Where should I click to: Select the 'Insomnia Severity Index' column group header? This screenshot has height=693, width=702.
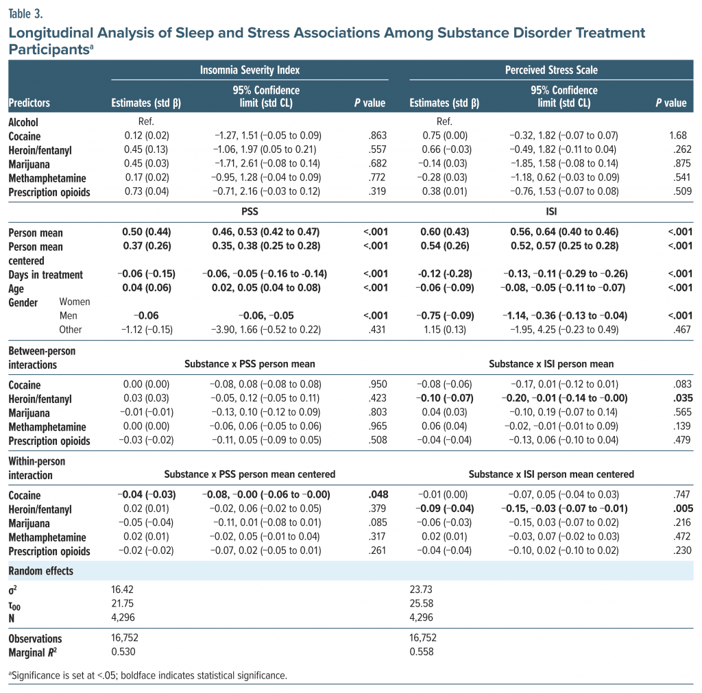click(250, 70)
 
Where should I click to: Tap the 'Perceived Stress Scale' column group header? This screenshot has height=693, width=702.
click(548, 70)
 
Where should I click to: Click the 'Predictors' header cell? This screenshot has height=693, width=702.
click(29, 104)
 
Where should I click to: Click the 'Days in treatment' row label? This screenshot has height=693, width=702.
click(45, 274)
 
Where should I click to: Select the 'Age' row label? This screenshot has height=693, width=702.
click(17, 289)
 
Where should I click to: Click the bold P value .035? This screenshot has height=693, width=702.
click(682, 399)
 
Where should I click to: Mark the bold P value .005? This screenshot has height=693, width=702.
click(682, 509)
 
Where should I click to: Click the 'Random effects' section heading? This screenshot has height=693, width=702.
click(40, 571)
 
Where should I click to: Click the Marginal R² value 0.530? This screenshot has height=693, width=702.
click(123, 652)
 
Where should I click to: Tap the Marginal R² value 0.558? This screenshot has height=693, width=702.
click(421, 652)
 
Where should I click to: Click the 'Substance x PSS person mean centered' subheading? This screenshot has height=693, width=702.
click(250, 474)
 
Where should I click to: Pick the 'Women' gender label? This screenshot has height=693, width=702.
click(75, 302)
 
